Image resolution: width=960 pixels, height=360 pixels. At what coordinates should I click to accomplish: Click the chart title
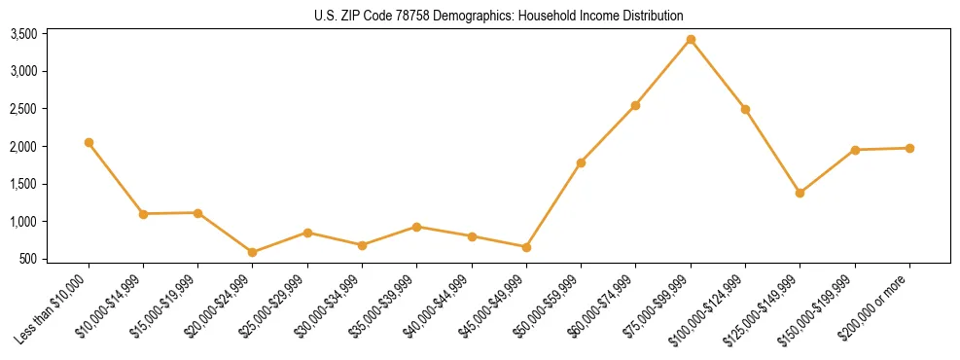tap(498, 16)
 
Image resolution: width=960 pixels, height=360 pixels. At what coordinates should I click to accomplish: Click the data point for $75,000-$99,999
tap(691, 39)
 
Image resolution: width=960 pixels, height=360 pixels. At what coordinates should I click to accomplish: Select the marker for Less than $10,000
tap(89, 142)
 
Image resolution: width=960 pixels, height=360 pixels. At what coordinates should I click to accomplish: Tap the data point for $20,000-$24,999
tap(253, 252)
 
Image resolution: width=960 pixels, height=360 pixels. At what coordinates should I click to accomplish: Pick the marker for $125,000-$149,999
tap(800, 193)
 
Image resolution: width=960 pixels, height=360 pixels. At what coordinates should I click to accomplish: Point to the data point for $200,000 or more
tap(909, 148)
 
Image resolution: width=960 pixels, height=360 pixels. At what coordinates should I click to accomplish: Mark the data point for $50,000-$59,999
tap(581, 162)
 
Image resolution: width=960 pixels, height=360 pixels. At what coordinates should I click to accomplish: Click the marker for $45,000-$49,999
tap(526, 247)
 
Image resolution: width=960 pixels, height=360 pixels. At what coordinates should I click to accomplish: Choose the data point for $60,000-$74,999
tap(635, 105)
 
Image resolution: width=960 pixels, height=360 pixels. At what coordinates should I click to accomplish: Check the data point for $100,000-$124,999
tap(745, 109)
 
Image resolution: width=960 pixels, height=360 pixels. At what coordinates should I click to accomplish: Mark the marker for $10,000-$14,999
tap(143, 213)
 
